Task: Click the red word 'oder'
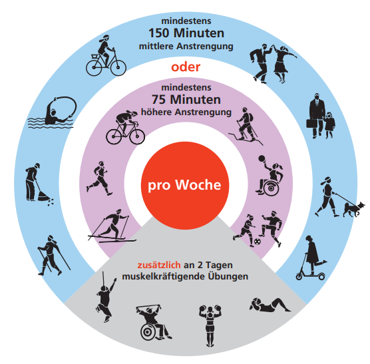coord(186,67)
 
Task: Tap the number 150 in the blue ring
coord(160,33)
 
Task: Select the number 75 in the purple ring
coord(159,100)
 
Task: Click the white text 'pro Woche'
coord(184,185)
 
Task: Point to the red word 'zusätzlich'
coord(159,265)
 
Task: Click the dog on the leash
coord(353,209)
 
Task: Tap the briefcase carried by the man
coord(311,123)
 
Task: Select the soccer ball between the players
coord(258,242)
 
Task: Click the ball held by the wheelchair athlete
coord(262,158)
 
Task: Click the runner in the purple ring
coord(100,178)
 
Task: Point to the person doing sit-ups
coord(270,305)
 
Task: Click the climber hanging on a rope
coord(105,298)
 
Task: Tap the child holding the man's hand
coord(329,125)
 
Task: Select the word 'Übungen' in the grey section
coord(228,275)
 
